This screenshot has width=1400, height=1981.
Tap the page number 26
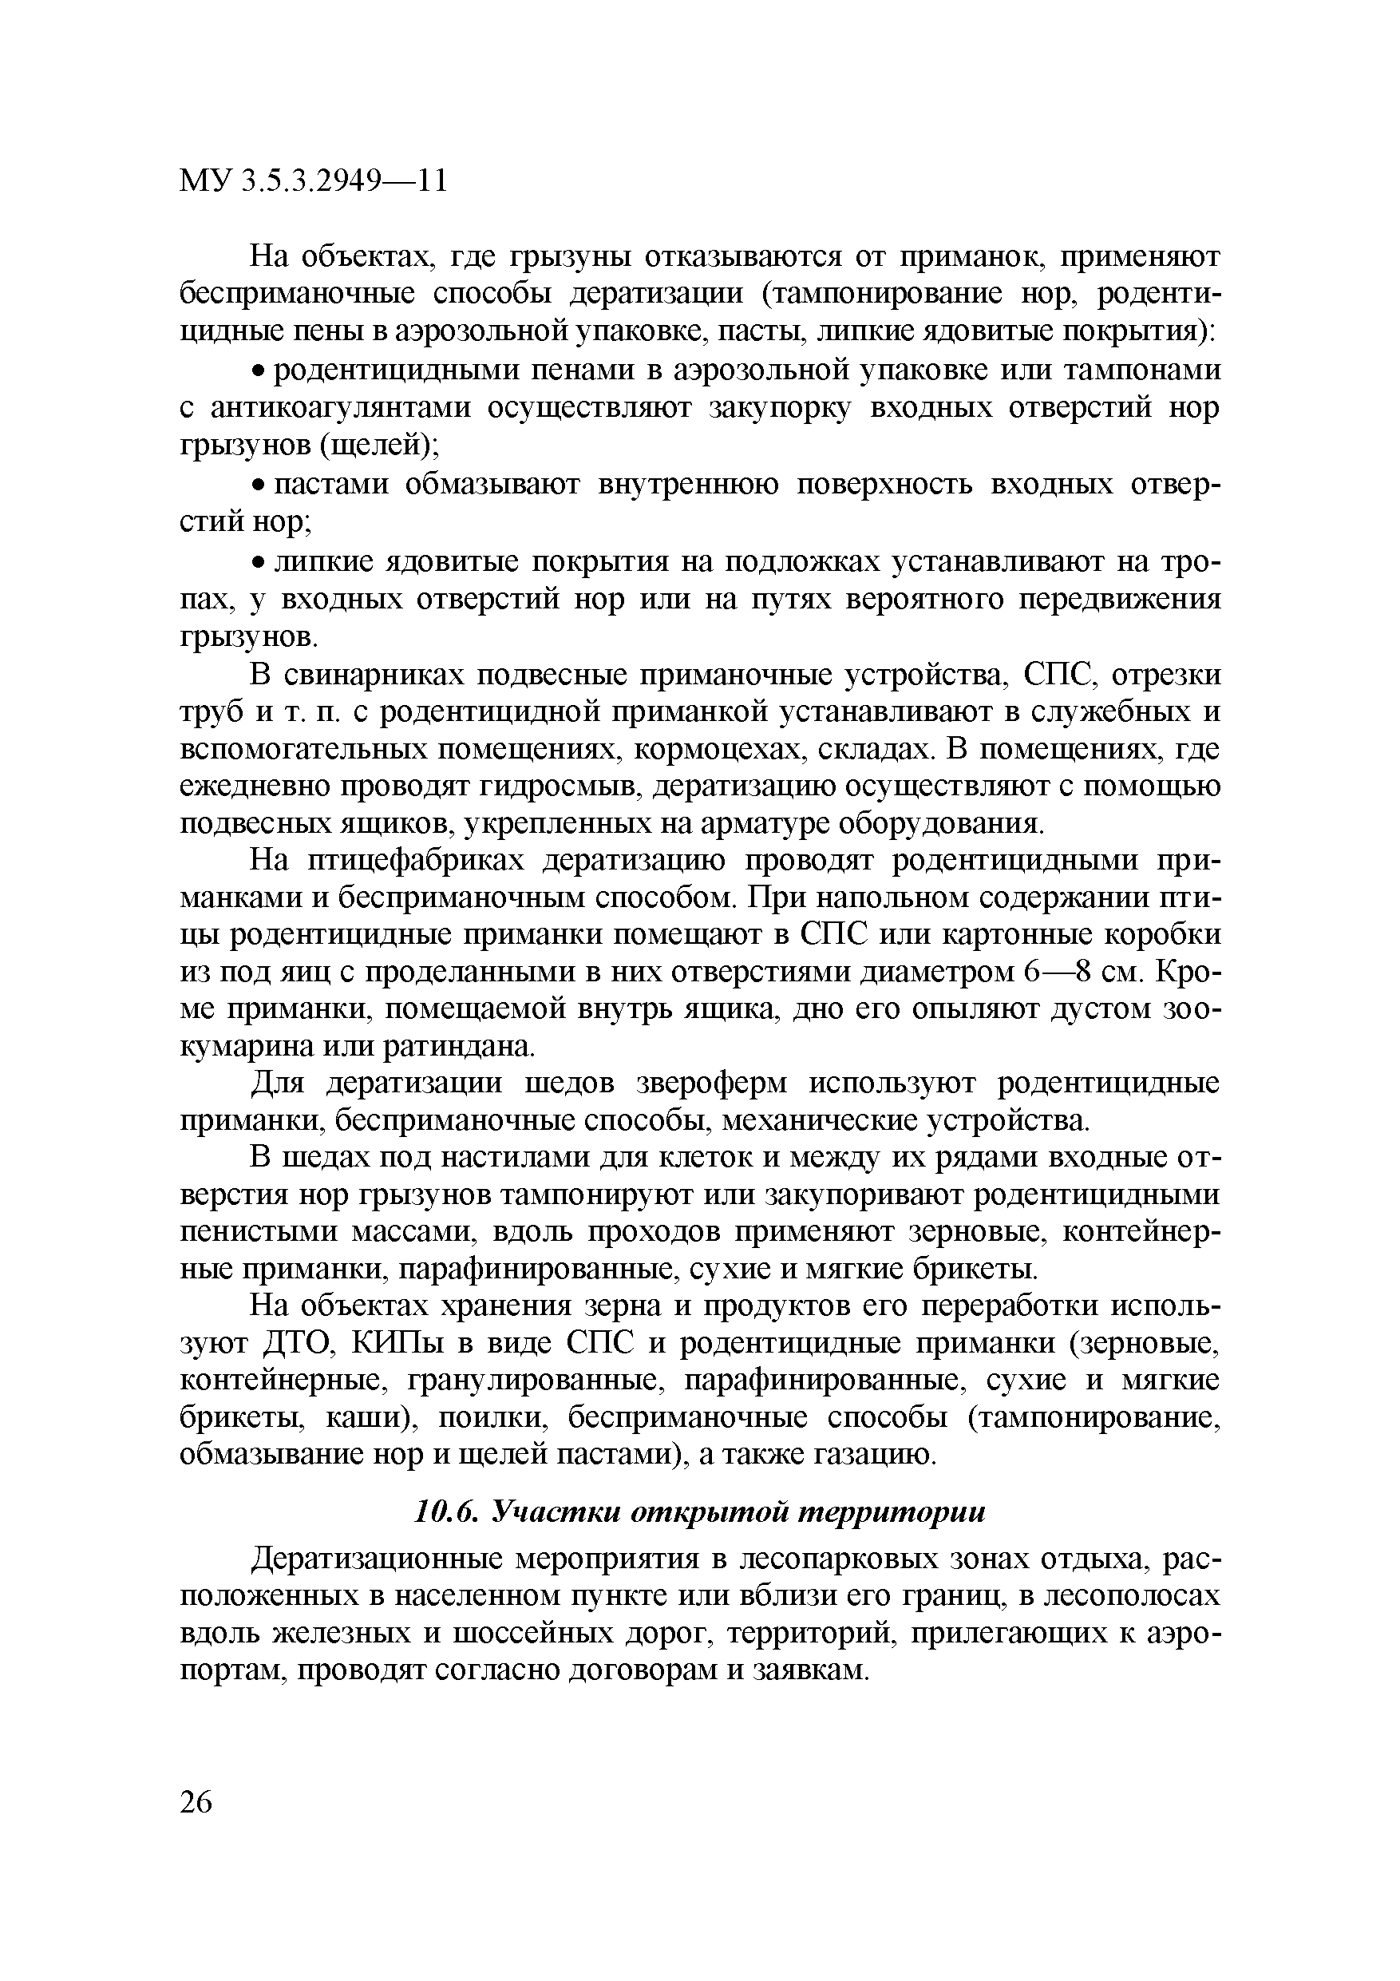point(196,1802)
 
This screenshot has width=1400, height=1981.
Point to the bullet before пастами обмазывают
point(257,485)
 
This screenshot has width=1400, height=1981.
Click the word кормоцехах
point(720,750)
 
